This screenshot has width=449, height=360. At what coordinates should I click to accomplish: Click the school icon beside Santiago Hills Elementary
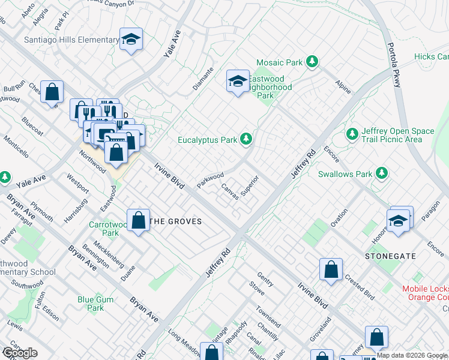click(131, 40)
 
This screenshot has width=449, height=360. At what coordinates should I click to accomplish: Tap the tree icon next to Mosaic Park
click(312, 61)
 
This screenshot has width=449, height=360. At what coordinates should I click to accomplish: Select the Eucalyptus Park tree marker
click(246, 140)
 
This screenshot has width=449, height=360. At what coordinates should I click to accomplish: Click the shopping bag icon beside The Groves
click(138, 220)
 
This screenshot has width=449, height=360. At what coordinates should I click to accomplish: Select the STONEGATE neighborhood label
click(390, 256)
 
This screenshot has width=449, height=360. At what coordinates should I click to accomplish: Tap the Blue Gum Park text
click(91, 304)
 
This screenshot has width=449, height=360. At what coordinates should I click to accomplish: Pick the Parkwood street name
click(209, 179)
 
